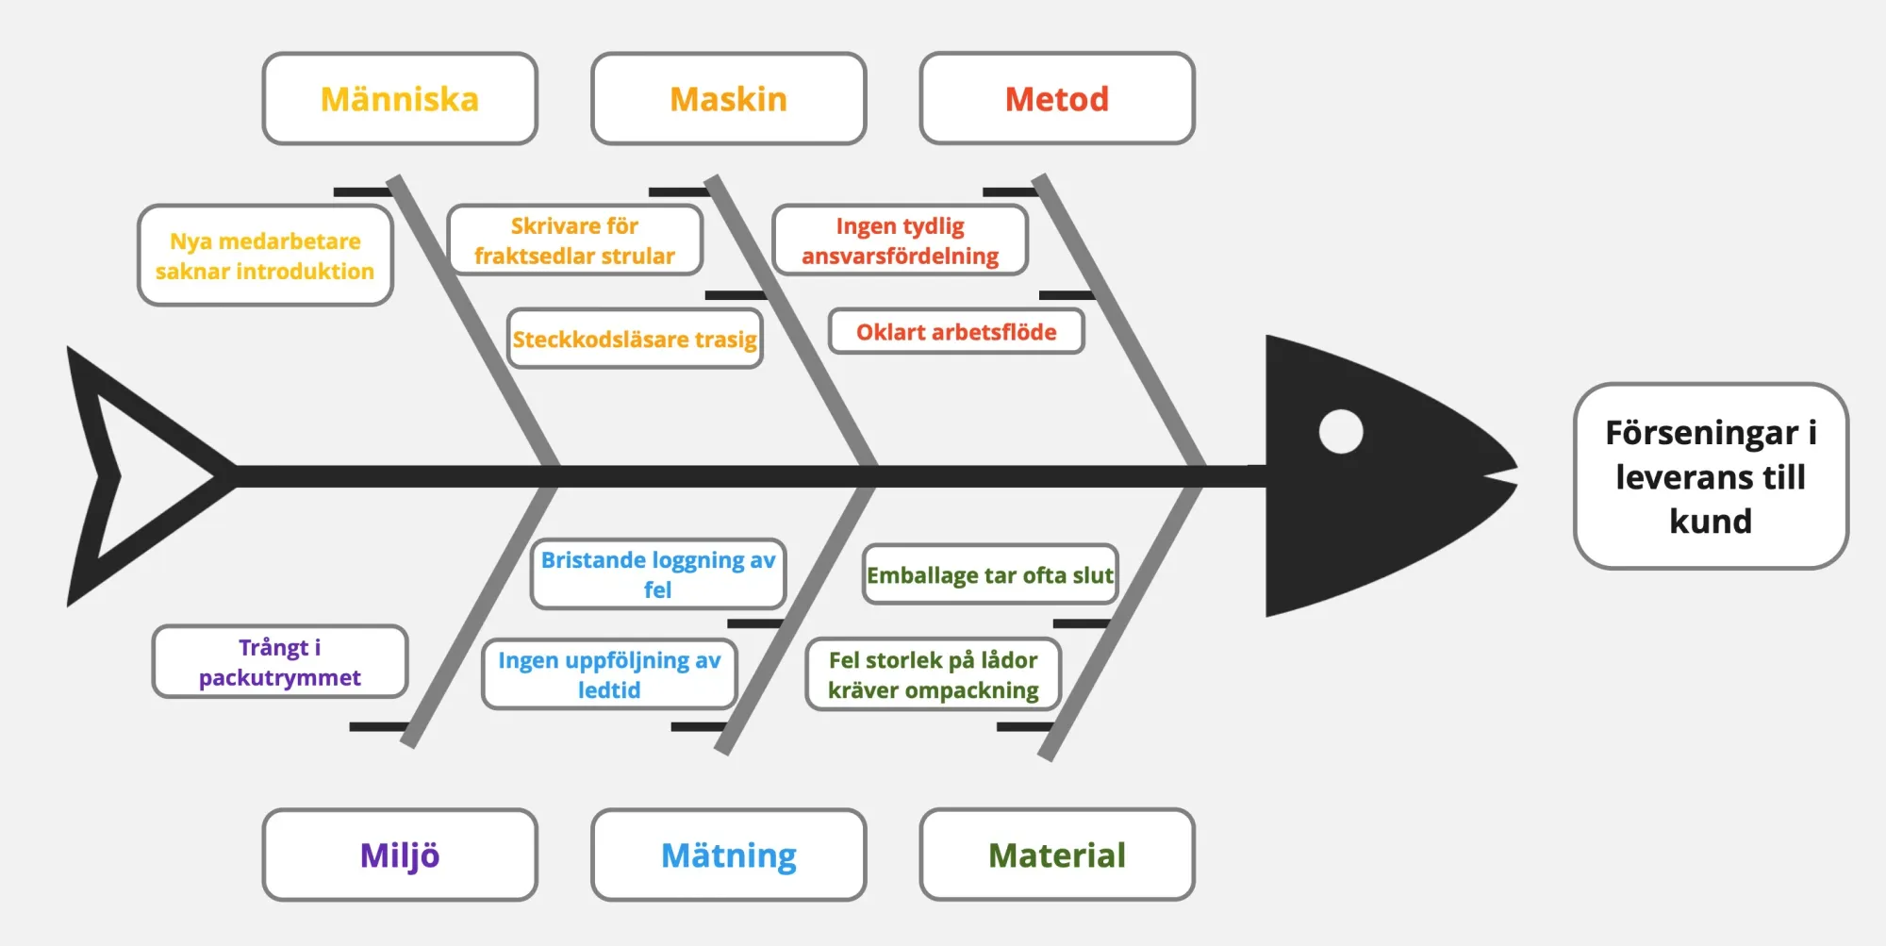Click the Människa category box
click(400, 98)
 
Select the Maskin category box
click(728, 98)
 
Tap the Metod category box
click(1057, 98)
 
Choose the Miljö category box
click(400, 855)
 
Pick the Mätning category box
click(728, 855)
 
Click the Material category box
click(1057, 855)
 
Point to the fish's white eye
click(1341, 432)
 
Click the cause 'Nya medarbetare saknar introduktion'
click(265, 256)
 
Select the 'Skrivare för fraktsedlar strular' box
click(574, 241)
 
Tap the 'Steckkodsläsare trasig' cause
click(635, 339)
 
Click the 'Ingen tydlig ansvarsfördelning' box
click(900, 241)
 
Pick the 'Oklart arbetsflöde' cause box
click(956, 331)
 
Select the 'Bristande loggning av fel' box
click(658, 574)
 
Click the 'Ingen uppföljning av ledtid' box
click(609, 674)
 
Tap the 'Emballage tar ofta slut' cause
click(990, 574)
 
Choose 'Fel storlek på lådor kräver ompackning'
click(934, 674)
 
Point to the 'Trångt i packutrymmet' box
click(280, 662)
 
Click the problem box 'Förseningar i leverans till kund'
click(1711, 476)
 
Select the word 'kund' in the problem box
click(1711, 521)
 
